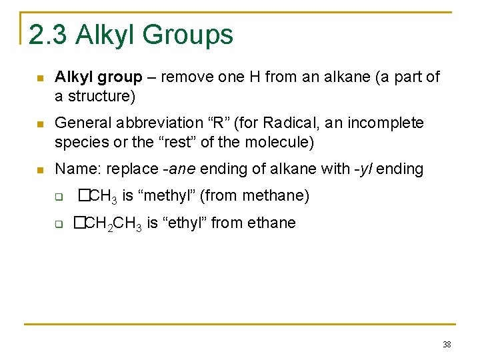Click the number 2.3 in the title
(x=48, y=35)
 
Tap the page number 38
(x=446, y=345)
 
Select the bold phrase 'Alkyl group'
(x=99, y=77)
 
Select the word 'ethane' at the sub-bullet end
(x=271, y=223)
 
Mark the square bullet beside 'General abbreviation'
(x=40, y=124)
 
